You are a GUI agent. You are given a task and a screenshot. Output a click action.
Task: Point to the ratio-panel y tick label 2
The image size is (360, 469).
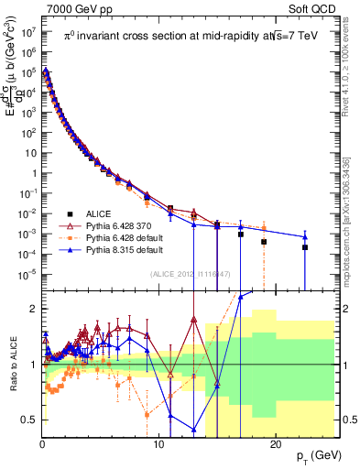[34, 309]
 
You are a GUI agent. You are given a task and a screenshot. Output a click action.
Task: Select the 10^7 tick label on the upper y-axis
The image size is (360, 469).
[28, 30]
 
